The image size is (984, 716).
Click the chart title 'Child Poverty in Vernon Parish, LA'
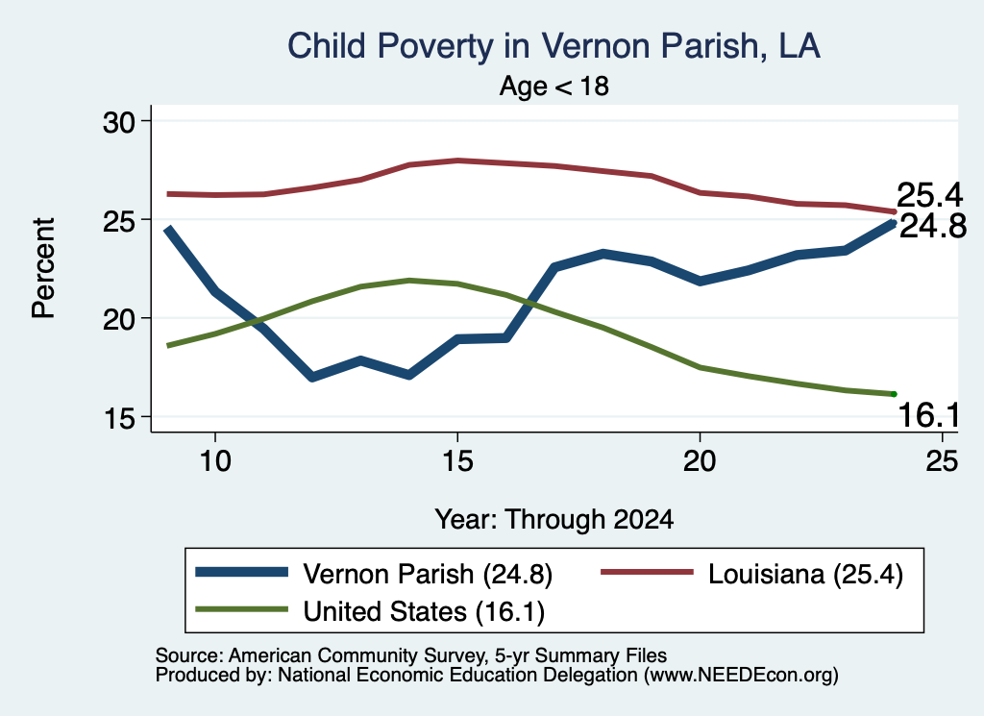point(554,46)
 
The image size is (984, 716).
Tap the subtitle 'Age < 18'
point(554,86)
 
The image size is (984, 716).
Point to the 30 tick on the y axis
point(119,122)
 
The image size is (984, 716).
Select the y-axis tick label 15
point(119,418)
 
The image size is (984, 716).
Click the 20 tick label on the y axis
point(119,319)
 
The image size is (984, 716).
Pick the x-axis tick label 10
point(215,461)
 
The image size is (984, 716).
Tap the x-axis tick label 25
point(942,461)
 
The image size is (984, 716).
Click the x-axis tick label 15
point(457,461)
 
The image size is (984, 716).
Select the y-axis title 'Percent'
point(44,268)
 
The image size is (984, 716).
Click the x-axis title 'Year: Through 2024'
point(554,520)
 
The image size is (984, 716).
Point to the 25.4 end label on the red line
point(929,195)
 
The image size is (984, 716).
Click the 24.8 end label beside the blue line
point(933,226)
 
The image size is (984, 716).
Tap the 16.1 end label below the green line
point(929,415)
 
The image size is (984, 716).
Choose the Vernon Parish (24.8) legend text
point(428,574)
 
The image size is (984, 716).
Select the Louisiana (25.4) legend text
point(806,574)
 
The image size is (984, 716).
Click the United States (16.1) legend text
point(424,612)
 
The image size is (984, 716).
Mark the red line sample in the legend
point(647,572)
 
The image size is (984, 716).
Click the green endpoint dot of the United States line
point(894,394)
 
